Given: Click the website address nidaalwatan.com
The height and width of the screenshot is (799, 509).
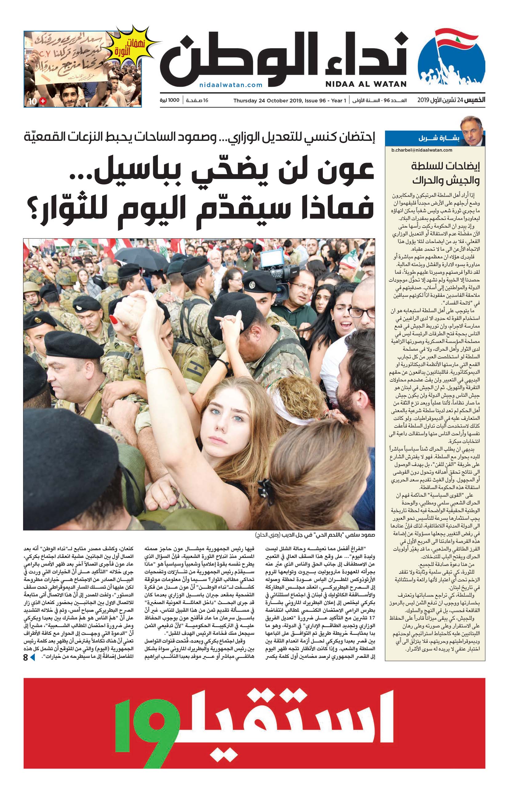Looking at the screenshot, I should pos(231,85).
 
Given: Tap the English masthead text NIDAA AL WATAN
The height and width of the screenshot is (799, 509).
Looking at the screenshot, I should pos(366,84).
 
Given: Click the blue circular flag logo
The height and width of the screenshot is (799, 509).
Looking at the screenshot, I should pos(451,58).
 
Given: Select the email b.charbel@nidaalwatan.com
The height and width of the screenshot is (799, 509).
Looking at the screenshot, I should pos(422,150).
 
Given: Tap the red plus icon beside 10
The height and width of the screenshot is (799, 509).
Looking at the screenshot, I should pos(43,101).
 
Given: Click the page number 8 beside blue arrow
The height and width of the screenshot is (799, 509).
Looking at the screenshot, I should pos(26,657).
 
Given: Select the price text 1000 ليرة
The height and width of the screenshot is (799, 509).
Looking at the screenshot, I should pos(170,100).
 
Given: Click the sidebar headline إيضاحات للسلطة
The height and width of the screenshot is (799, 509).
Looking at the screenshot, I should pos(445,165).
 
